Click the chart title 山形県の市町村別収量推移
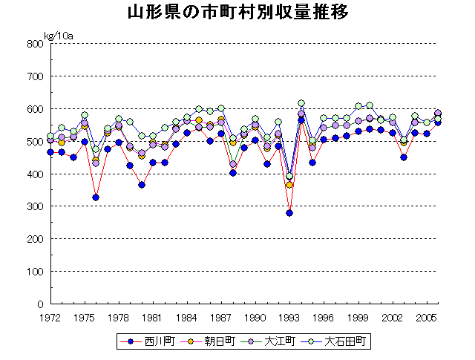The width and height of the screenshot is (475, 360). [x=237, y=13]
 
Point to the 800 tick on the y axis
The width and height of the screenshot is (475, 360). [x=34, y=44]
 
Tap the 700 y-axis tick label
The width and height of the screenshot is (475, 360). [x=34, y=76]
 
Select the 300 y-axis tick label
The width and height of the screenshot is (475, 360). [x=34, y=206]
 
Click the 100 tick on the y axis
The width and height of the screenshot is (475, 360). [x=34, y=272]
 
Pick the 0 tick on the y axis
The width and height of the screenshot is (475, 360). [x=40, y=304]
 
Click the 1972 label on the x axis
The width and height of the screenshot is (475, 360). [x=50, y=318]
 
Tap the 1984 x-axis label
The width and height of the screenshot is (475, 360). [x=187, y=318]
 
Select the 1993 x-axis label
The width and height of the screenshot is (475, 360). [x=289, y=318]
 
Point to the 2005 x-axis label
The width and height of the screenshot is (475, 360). [x=426, y=318]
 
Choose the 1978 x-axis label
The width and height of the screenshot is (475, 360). [x=119, y=318]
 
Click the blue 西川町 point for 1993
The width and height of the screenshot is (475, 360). [x=289, y=213]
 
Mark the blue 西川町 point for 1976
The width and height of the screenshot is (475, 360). [x=96, y=197]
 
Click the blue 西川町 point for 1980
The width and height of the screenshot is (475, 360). [x=142, y=185]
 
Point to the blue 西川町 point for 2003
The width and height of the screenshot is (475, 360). [x=404, y=157]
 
